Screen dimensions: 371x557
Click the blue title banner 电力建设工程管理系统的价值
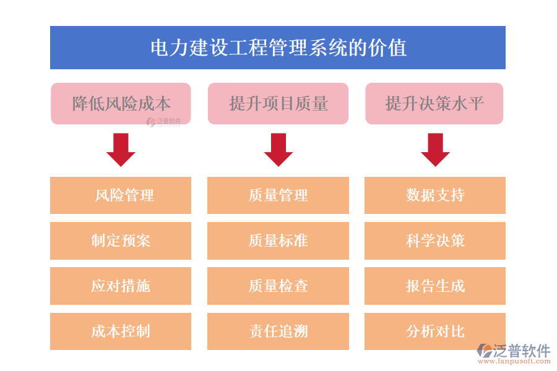pos(277,48)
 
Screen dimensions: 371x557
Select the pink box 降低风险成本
pos(121,103)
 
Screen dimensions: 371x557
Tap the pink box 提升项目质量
pos(278,103)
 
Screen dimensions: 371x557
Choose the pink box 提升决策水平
pos(434,103)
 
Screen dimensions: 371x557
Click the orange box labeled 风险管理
pos(121,195)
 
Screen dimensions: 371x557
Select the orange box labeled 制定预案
pos(121,241)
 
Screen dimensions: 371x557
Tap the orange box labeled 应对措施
pos(121,286)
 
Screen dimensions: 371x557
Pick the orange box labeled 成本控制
pos(121,331)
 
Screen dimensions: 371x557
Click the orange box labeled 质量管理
pos(278,195)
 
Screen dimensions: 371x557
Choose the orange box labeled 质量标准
pos(278,241)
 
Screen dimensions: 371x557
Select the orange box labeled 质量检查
pos(278,286)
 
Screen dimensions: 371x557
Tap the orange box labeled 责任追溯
pos(278,331)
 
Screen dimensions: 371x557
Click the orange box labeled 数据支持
pos(435,195)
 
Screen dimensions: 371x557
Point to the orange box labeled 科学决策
pos(435,241)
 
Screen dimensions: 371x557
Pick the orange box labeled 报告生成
pos(435,286)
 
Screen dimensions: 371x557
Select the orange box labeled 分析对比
pos(435,331)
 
